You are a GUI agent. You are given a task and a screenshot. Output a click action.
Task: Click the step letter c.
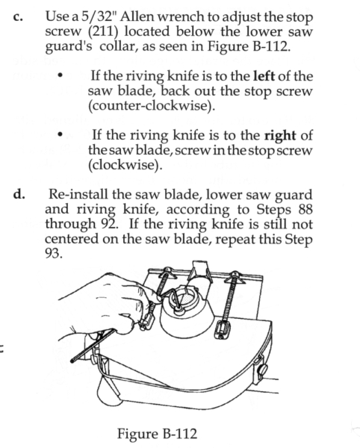[x=18, y=18]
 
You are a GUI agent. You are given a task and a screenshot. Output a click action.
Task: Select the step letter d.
[x=19, y=194]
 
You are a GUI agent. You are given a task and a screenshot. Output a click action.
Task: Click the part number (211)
[x=103, y=32]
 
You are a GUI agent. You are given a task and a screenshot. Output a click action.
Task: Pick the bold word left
[x=264, y=76]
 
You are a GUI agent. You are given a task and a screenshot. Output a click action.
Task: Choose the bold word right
[x=280, y=136]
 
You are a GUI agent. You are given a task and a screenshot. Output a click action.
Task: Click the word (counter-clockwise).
[x=152, y=106]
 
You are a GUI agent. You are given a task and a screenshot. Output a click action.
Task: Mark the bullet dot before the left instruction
[x=60, y=75]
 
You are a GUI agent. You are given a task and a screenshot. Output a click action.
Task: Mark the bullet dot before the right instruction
[x=60, y=134]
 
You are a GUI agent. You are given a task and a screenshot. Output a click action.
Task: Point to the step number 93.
[x=54, y=254]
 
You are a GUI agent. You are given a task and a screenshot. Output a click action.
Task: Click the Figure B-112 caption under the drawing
[x=157, y=433]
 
